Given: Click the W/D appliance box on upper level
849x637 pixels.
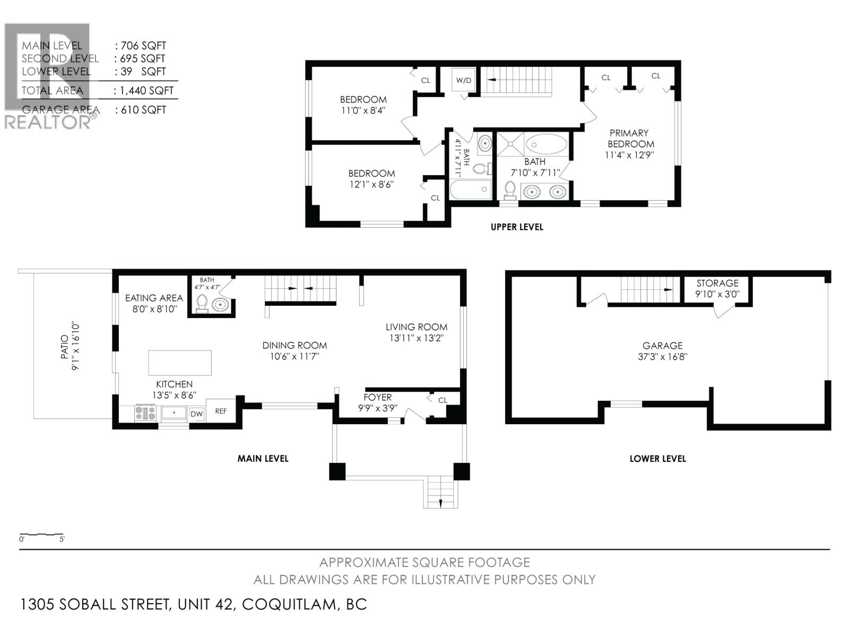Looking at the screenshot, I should coord(464,81).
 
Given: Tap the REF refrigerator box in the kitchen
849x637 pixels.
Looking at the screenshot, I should coord(221,411).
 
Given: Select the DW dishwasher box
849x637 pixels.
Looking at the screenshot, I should coord(196,414).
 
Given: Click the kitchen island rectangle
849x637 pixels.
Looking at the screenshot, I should coord(180,363).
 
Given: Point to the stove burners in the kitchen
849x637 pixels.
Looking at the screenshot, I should coord(145,413).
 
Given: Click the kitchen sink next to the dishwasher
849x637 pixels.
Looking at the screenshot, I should coord(174,413).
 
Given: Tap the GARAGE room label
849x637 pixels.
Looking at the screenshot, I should coord(662,346).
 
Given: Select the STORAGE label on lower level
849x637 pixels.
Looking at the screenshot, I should coord(717,283).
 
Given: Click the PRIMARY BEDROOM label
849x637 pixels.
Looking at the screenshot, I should coord(630,139).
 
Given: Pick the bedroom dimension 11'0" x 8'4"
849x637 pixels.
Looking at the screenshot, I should coord(363,111).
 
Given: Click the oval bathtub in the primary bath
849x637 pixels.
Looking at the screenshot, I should coord(546,144).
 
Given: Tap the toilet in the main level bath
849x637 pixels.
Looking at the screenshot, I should coord(202,304).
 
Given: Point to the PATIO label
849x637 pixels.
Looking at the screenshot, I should coord(64,347).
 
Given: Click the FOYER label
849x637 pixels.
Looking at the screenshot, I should coord(377,397).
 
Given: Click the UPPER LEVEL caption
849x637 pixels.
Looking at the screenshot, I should coord(517,227).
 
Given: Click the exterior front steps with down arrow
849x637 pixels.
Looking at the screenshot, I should coord(440,493).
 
